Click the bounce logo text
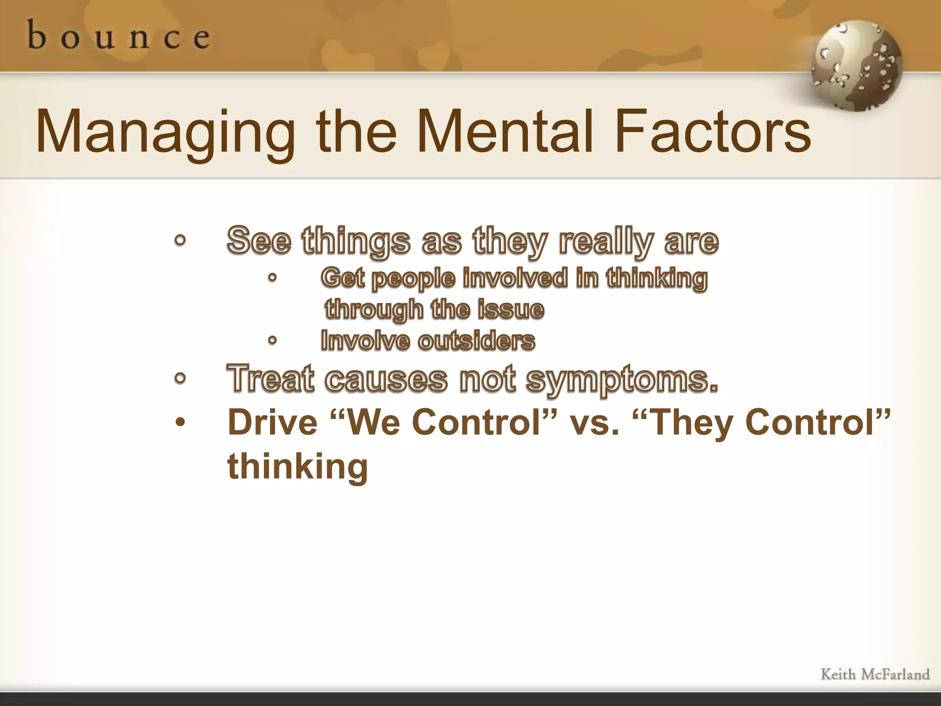(119, 36)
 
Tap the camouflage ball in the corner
(856, 66)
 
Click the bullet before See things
(180, 240)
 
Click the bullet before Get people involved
(272, 278)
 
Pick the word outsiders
(476, 341)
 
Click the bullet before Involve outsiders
(272, 341)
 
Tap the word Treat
(271, 379)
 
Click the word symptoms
(621, 380)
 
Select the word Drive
(272, 422)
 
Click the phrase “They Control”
(761, 422)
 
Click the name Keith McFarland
(875, 674)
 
